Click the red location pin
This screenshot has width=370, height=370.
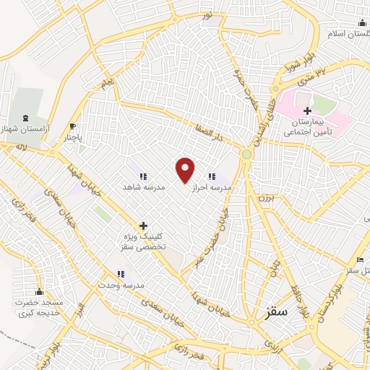tap(186, 169)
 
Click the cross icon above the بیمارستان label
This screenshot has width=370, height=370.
tap(308, 111)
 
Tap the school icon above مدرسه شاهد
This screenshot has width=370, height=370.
tap(143, 176)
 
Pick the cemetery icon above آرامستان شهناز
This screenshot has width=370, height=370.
tap(27, 117)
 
